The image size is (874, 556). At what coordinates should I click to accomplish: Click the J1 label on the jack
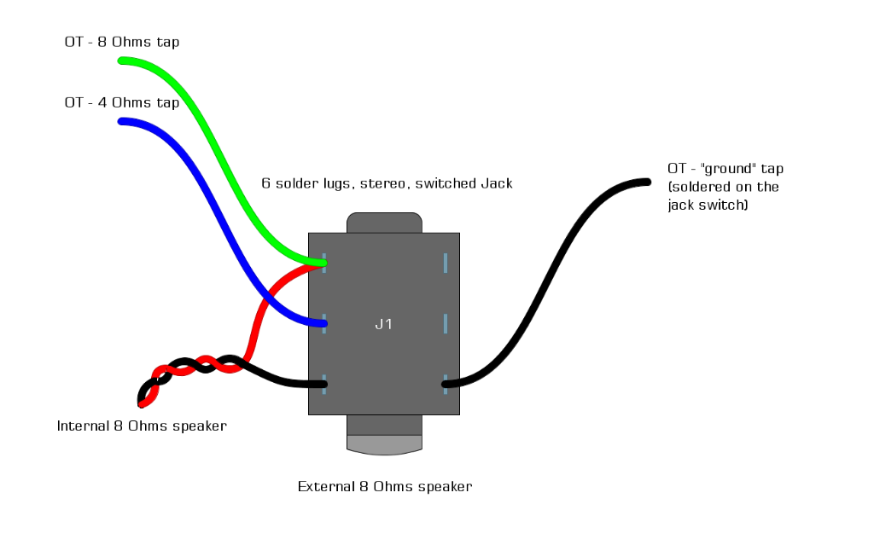point(383,324)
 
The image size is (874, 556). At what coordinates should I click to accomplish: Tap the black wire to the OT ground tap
point(546,281)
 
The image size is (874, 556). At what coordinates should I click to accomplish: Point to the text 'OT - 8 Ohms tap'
point(122,42)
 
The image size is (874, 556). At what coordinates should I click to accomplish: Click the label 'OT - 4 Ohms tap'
point(122,103)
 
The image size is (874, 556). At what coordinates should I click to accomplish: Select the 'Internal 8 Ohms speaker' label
point(142,426)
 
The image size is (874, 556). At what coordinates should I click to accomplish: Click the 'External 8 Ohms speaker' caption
point(384,487)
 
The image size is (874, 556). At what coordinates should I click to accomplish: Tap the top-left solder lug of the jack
point(324,263)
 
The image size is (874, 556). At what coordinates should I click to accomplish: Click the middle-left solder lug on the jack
point(324,324)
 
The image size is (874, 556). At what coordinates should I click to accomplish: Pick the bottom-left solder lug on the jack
point(324,384)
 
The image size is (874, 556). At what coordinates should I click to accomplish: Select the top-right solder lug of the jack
point(446,263)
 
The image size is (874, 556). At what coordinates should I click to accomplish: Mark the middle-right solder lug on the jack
point(446,324)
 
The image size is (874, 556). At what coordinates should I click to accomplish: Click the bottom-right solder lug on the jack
point(446,384)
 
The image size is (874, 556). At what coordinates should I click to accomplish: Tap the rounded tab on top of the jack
point(384,223)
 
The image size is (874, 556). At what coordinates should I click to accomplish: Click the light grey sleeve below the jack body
point(384,444)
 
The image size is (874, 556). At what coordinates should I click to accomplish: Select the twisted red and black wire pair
point(192,368)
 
